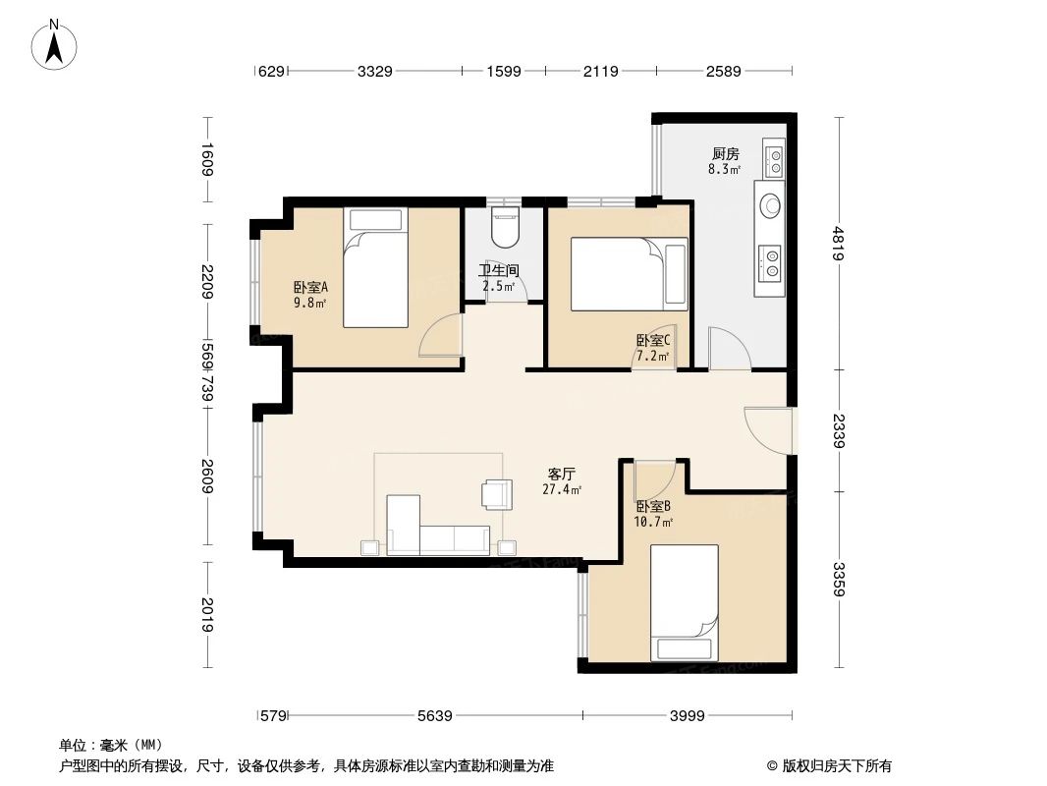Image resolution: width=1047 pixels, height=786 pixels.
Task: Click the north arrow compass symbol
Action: pos(55,45)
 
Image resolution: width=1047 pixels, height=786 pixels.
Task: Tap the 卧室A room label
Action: pos(310,288)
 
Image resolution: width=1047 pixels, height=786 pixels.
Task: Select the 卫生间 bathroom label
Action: pos(498,271)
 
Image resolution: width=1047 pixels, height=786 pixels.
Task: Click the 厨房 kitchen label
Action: pos(725,154)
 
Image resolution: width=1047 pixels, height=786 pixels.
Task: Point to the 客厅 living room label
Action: pos(561,474)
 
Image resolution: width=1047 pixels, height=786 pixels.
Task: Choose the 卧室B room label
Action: pos(653,507)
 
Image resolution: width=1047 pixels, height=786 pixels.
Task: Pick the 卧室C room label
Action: pos(652,341)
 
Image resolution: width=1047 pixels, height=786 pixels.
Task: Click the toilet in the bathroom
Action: pos(504,229)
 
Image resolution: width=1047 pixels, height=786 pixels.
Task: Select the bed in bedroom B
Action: pos(685,601)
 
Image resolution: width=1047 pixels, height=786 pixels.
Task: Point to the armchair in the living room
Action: pos(497,494)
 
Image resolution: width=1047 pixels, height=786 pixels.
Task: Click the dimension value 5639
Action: pos(434,716)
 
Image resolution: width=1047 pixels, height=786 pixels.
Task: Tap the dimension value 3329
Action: pos(375,71)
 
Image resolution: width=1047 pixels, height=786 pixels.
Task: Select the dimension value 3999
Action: pos(688,716)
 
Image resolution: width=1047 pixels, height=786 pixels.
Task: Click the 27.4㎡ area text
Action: pos(562,489)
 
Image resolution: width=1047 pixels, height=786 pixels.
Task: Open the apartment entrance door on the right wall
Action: pos(767,429)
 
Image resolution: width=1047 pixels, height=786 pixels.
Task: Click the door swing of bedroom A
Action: pos(440,336)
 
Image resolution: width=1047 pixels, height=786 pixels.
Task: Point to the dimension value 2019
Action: pos(206,616)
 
